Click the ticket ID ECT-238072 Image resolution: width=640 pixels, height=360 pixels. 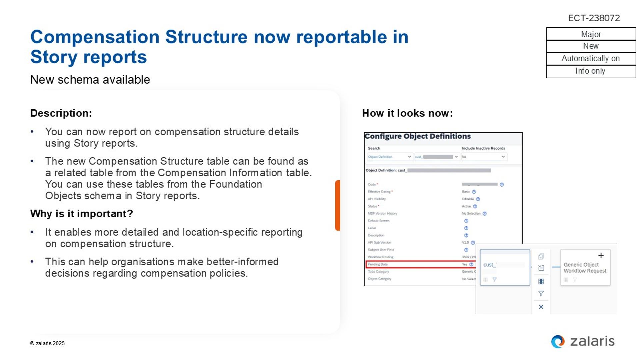[x=594, y=18]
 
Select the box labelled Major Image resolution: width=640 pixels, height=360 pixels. [x=591, y=34]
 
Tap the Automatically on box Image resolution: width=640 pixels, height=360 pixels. [x=591, y=59]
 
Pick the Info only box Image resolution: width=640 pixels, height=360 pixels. [x=591, y=71]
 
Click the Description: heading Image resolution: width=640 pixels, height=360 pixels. [x=61, y=113]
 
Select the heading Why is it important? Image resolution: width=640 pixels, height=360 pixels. [x=81, y=214]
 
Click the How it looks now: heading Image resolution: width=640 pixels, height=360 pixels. [x=407, y=113]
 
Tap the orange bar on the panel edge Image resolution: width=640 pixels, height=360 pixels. [x=337, y=205]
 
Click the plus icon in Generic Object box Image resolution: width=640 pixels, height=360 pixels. [x=601, y=256]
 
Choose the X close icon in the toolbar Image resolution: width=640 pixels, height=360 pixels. [x=541, y=307]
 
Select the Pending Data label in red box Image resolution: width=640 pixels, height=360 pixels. [x=378, y=264]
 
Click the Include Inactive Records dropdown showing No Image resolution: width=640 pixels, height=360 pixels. [x=484, y=157]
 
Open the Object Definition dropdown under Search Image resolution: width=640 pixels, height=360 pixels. [x=389, y=157]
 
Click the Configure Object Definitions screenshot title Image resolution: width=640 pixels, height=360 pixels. [x=417, y=136]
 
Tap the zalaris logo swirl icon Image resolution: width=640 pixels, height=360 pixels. [x=558, y=341]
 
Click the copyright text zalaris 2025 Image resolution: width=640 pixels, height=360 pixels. [x=47, y=343]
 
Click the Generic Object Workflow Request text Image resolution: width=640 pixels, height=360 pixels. [x=585, y=268]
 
